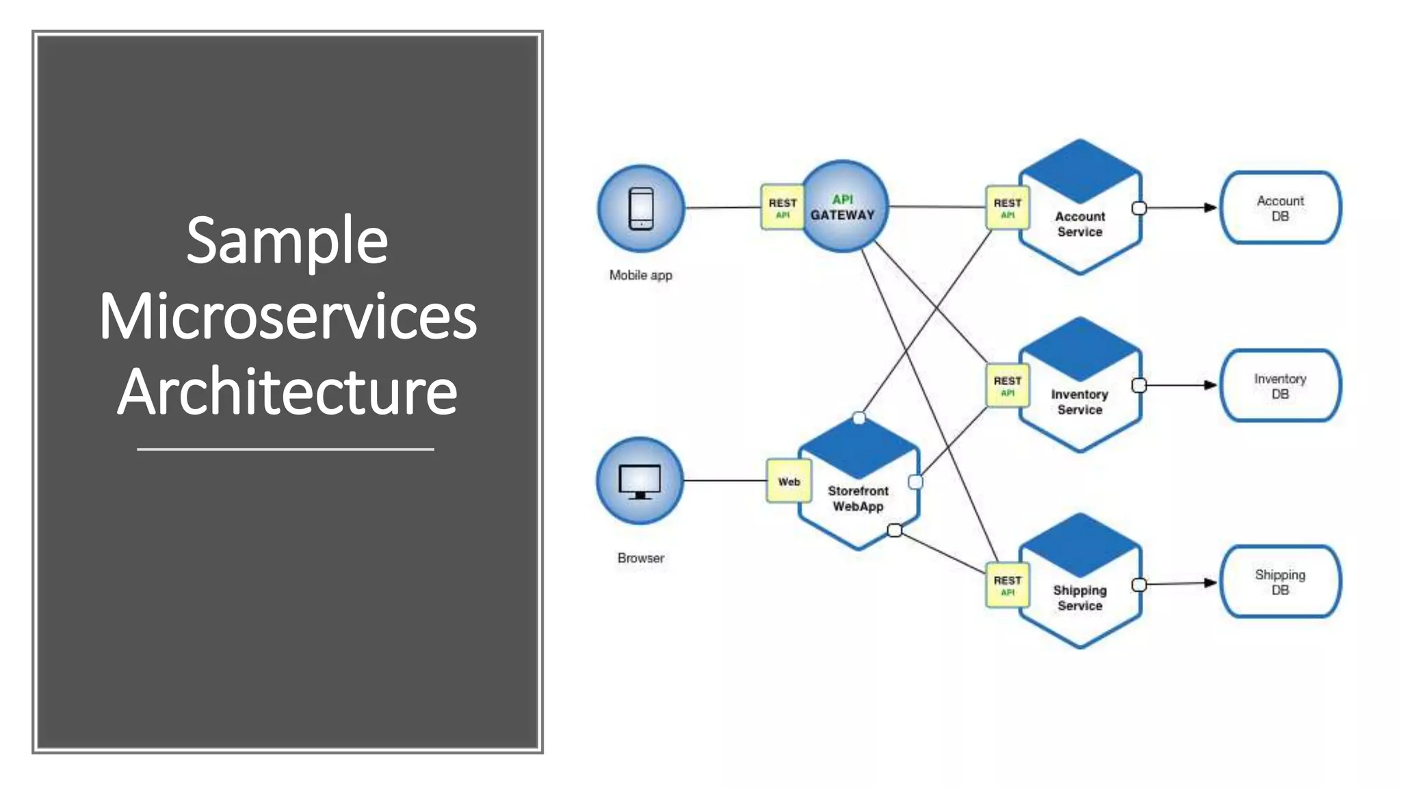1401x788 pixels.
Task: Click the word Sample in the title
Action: pos(287,241)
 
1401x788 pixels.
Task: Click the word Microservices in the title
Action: pos(287,316)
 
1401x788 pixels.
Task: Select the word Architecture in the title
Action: pos(287,391)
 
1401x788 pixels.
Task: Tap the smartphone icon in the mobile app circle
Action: pos(641,209)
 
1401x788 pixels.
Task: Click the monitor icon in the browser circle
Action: pos(640,482)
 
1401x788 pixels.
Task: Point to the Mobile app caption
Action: pos(640,275)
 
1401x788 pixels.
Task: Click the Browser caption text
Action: pos(640,558)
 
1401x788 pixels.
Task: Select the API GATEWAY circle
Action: pos(844,207)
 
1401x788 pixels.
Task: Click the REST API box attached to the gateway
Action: pos(782,207)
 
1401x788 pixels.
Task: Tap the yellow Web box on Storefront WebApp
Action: pos(789,482)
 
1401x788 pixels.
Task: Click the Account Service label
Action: pos(1079,224)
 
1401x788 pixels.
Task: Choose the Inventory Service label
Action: pos(1079,402)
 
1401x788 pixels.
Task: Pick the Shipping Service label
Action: pos(1079,597)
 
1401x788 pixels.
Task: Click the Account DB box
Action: pos(1280,208)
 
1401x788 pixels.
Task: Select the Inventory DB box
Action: pos(1280,386)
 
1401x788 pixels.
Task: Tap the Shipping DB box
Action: pos(1280,582)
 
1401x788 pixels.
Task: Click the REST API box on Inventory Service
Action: pos(1007,386)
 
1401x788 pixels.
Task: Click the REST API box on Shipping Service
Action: pos(1007,585)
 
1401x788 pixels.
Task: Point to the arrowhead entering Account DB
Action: pos(1210,207)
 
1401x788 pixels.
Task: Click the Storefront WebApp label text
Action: pos(858,499)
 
